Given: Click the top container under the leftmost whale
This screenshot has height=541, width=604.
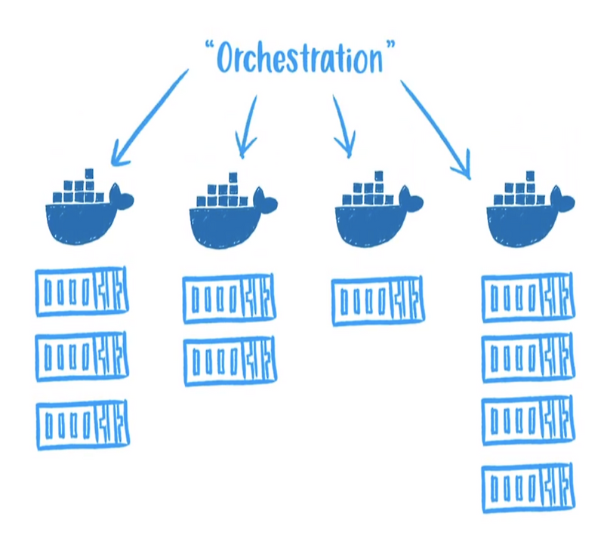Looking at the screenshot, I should coord(82,291).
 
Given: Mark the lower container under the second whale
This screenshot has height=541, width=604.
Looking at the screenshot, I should coord(230,361).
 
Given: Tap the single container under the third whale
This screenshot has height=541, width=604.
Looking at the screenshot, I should coord(377,300).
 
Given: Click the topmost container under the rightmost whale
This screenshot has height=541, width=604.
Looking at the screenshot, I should coord(527,299).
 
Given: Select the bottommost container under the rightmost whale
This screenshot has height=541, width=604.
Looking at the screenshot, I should coord(527,487).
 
